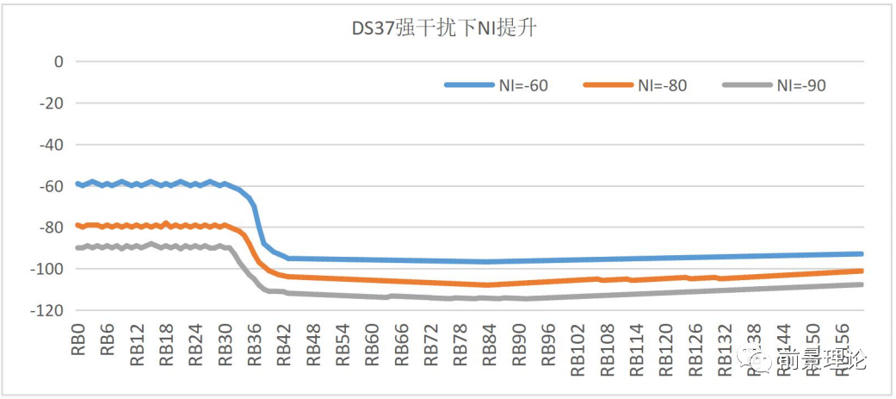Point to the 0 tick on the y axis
click(x=59, y=61)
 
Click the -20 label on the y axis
click(x=53, y=103)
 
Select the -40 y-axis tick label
click(x=53, y=145)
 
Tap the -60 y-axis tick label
click(x=53, y=186)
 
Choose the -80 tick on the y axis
click(x=53, y=228)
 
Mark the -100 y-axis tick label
click(x=49, y=269)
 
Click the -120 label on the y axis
click(x=49, y=310)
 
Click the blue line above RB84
click(x=489, y=261)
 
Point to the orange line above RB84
click(x=489, y=284)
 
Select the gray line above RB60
click(x=372, y=297)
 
